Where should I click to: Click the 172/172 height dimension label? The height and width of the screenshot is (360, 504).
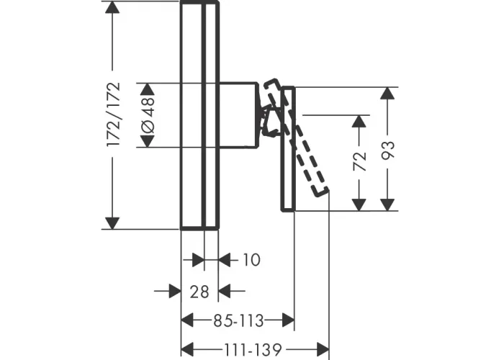tap(114, 114)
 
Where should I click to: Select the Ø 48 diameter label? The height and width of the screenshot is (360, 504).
tap(148, 115)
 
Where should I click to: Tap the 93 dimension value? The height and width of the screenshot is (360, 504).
tap(387, 150)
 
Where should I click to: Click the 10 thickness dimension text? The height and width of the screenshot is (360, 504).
tap(251, 260)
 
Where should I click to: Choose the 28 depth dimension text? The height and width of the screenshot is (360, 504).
tap(199, 292)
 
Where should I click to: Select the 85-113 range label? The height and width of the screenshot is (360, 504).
tap(238, 320)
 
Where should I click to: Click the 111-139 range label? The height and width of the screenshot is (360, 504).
tap(253, 349)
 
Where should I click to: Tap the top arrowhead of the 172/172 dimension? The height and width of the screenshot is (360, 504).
tap(112, 7)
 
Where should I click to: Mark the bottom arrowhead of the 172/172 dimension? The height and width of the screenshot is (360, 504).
tap(112, 223)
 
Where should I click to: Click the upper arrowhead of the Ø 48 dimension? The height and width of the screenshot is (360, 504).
tap(148, 89)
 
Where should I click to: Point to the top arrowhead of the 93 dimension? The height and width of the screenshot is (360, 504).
tap(387, 93)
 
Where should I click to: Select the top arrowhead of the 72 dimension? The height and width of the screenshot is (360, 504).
tap(359, 121)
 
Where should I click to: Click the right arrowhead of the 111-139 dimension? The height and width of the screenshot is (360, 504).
tap(323, 349)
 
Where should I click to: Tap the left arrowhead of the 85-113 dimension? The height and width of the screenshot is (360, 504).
tap(187, 320)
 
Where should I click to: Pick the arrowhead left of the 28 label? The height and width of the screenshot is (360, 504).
tap(175, 291)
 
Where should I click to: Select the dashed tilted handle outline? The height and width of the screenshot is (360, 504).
tap(296, 138)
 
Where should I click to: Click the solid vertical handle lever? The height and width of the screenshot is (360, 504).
tap(288, 149)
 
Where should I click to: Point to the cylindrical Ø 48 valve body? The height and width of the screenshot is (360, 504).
tap(238, 115)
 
